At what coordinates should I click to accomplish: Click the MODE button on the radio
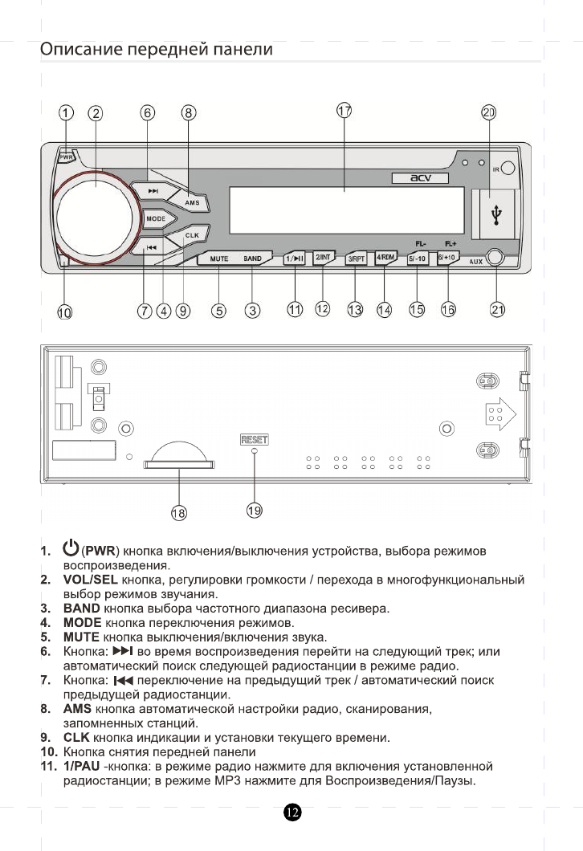[x=155, y=218]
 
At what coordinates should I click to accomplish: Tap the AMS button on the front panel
[x=192, y=203]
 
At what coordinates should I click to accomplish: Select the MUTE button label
[x=219, y=259]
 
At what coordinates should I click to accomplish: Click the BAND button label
[x=253, y=259]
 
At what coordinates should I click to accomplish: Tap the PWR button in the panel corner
[x=66, y=157]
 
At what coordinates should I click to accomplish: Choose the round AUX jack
[x=495, y=258]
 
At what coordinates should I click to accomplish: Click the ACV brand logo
[x=422, y=177]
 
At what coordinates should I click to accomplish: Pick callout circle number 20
[x=489, y=112]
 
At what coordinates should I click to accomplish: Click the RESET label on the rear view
[x=254, y=439]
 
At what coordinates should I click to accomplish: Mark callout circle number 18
[x=179, y=512]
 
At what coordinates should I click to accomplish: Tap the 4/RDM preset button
[x=386, y=258]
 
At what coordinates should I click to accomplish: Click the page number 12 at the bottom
[x=292, y=813]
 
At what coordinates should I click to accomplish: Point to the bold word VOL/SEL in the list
[x=89, y=580]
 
